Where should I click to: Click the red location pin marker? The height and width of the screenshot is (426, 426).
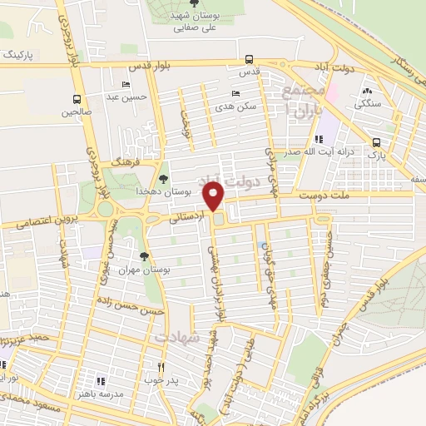[x=215, y=197]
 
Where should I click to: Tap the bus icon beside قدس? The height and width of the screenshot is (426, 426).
[x=249, y=59]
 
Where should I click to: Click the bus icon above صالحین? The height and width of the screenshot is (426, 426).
[x=77, y=97]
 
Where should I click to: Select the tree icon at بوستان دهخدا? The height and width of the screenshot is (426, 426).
[x=164, y=178]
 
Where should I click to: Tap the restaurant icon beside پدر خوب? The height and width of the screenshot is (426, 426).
[x=162, y=366]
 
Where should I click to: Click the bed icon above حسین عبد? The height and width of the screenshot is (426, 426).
[x=126, y=84]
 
